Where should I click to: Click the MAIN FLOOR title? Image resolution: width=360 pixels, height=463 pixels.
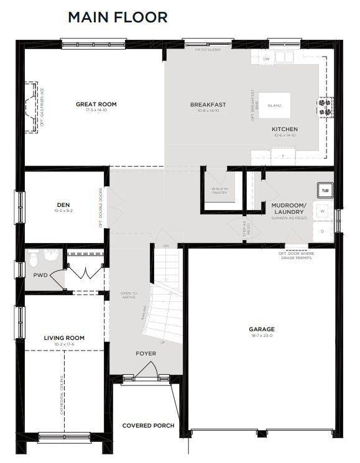[x=118, y=17]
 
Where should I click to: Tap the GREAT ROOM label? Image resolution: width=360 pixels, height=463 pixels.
[x=96, y=104]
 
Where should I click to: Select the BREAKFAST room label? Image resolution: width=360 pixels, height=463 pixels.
[x=208, y=104]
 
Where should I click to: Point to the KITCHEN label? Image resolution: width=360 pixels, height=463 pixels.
[x=284, y=129]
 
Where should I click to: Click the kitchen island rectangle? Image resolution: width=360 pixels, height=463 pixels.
[x=274, y=106]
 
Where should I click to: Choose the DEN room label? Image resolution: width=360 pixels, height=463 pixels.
[x=63, y=204]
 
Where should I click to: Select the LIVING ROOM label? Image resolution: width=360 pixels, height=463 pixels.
[x=64, y=338]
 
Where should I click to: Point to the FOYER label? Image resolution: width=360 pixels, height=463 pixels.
[x=146, y=354]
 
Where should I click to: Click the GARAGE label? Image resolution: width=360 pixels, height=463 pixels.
[x=262, y=329]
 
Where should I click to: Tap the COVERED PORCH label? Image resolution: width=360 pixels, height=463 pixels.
[x=148, y=426]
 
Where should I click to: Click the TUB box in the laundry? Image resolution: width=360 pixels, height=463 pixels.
[x=325, y=190]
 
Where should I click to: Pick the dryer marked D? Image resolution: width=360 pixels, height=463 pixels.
[x=323, y=231]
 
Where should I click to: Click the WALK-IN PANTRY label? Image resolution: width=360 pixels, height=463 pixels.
[x=219, y=190]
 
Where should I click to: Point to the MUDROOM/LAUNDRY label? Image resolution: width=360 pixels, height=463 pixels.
[x=288, y=208]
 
